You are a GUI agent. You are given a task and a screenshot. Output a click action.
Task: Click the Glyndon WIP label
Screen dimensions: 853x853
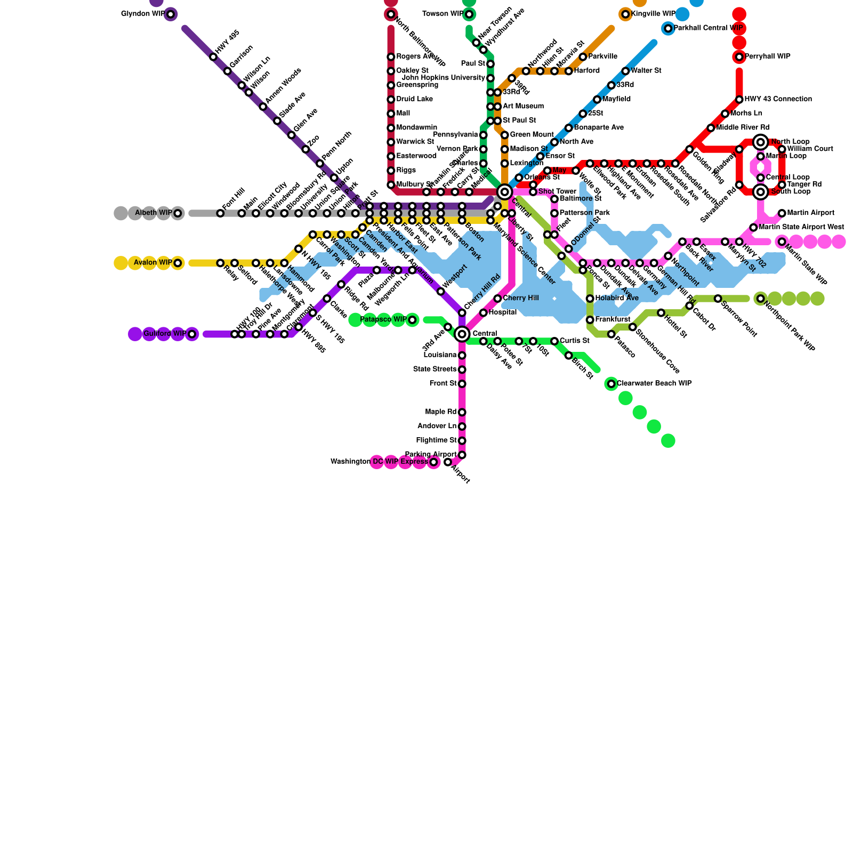tap(143, 14)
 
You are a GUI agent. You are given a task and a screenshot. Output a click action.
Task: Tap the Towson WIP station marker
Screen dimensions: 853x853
tap(469, 14)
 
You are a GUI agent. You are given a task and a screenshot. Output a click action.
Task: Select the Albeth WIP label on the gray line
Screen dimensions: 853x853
tap(154, 213)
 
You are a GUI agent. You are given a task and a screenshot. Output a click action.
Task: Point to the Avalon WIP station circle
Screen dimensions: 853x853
tap(178, 263)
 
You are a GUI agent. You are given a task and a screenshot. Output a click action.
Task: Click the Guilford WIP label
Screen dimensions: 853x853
tap(165, 334)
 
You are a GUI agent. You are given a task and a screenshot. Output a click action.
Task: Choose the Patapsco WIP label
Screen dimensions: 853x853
tap(383, 320)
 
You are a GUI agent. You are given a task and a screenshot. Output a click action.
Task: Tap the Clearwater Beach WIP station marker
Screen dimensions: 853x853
tap(611, 384)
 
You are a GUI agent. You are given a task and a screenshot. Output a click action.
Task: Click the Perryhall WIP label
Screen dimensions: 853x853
tap(767, 57)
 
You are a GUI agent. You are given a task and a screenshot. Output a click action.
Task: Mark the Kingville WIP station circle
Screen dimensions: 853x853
tap(625, 14)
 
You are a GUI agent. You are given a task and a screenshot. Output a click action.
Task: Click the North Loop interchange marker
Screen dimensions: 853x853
tap(761, 142)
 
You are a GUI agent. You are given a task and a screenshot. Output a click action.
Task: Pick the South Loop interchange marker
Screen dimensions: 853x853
tap(761, 192)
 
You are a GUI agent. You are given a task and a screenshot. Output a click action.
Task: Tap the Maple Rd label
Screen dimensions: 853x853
tap(441, 412)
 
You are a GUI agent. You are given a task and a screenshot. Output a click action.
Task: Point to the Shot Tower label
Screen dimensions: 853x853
tap(557, 192)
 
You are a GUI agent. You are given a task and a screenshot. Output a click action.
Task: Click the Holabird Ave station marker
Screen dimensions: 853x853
tap(590, 299)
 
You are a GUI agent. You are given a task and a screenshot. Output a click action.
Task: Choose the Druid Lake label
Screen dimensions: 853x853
tap(415, 99)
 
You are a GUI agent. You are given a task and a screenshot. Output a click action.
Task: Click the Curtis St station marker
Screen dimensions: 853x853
tap(554, 341)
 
